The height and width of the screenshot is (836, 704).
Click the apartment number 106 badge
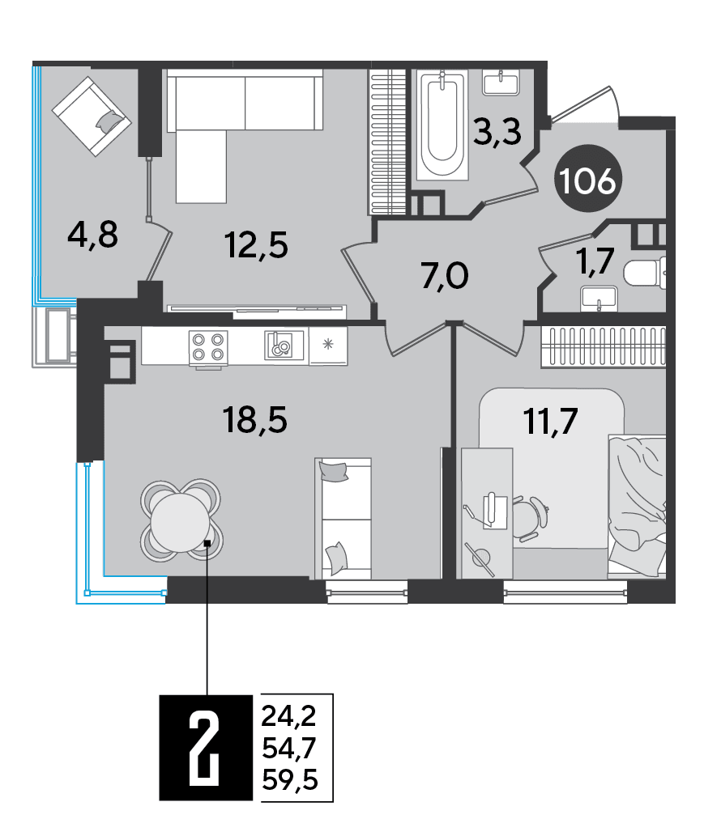tap(587, 179)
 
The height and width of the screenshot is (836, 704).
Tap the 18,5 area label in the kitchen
tap(255, 419)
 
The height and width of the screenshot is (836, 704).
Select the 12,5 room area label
tap(256, 245)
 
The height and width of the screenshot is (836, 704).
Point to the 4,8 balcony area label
tap(92, 236)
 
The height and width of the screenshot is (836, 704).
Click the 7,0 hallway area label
tap(445, 276)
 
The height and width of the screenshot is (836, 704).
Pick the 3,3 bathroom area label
tap(497, 132)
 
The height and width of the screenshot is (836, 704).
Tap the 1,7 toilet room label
tap(595, 261)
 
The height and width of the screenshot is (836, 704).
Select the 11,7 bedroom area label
tap(551, 421)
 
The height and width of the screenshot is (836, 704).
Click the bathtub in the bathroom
tap(442, 125)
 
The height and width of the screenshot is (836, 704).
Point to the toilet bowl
tap(646, 273)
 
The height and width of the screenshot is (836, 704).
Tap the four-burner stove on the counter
tap(208, 347)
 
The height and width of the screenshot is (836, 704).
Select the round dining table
tap(181, 522)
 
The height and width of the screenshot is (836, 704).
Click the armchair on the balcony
tap(92, 116)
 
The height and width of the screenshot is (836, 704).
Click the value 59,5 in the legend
tap(290, 779)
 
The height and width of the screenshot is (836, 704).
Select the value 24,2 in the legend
tap(288, 715)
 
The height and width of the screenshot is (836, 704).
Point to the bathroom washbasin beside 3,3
tap(501, 83)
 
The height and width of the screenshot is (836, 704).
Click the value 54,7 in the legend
tap(288, 748)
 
